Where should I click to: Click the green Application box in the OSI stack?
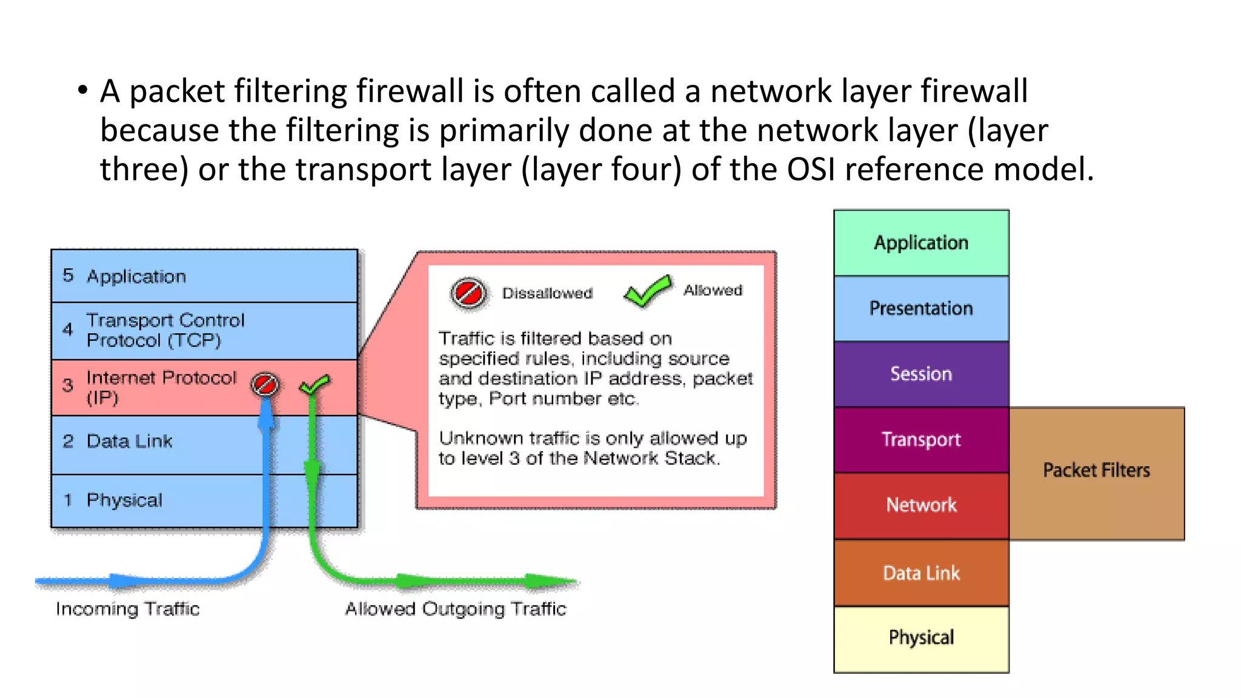click(921, 243)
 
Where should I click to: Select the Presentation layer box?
click(921, 308)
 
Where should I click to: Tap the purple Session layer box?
click(921, 374)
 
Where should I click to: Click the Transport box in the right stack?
click(921, 439)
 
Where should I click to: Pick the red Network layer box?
click(921, 505)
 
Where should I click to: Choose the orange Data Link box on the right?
click(921, 573)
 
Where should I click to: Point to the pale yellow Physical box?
click(921, 638)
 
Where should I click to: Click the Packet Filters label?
click(1096, 471)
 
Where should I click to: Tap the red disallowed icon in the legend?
click(469, 294)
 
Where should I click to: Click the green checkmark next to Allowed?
click(647, 291)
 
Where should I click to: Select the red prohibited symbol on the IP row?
click(265, 384)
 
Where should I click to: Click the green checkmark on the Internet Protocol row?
click(314, 384)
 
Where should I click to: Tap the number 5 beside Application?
click(68, 275)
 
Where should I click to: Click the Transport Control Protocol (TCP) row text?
click(165, 330)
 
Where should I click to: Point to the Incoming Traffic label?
click(127, 609)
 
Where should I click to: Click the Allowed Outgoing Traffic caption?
click(456, 609)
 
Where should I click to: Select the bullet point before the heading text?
click(82, 91)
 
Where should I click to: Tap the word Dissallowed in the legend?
click(547, 293)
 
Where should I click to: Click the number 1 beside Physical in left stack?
click(68, 500)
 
